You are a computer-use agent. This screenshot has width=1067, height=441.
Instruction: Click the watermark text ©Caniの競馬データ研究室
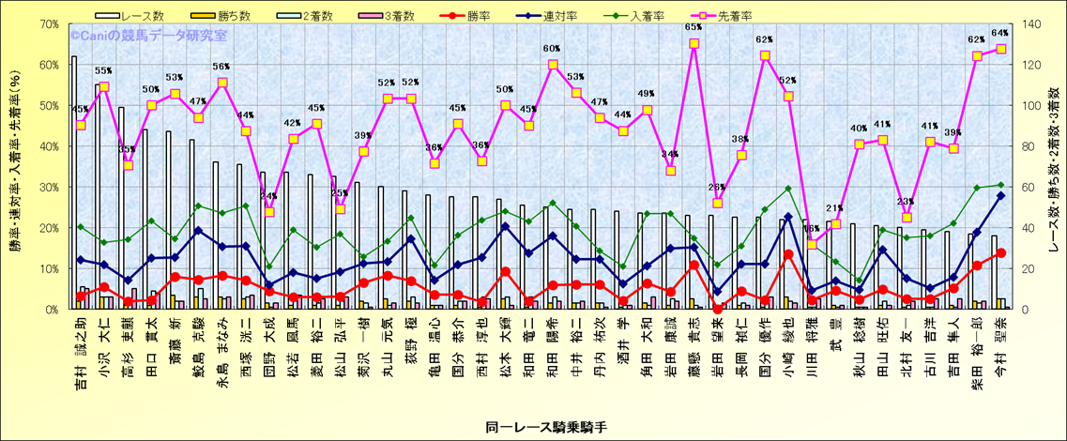[147, 36]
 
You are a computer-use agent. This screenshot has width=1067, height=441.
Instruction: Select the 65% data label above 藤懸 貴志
[694, 27]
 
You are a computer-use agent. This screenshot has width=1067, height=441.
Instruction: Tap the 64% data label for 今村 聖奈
[1000, 33]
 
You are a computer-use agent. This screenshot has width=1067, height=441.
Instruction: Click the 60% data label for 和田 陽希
[552, 49]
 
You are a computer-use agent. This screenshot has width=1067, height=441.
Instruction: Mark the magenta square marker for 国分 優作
[765, 55]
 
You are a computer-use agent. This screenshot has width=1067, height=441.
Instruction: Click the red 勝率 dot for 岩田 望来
[718, 309]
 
